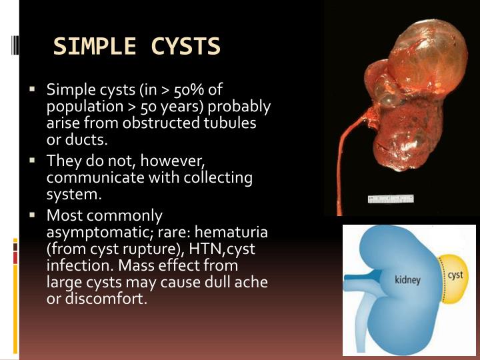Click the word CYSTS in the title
tap(186, 47)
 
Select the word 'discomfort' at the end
tap(103, 299)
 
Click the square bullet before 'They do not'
tap(31, 161)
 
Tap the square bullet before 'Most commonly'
tap(31, 215)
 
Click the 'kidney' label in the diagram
tap(407, 279)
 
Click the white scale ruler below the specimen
tap(391, 199)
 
